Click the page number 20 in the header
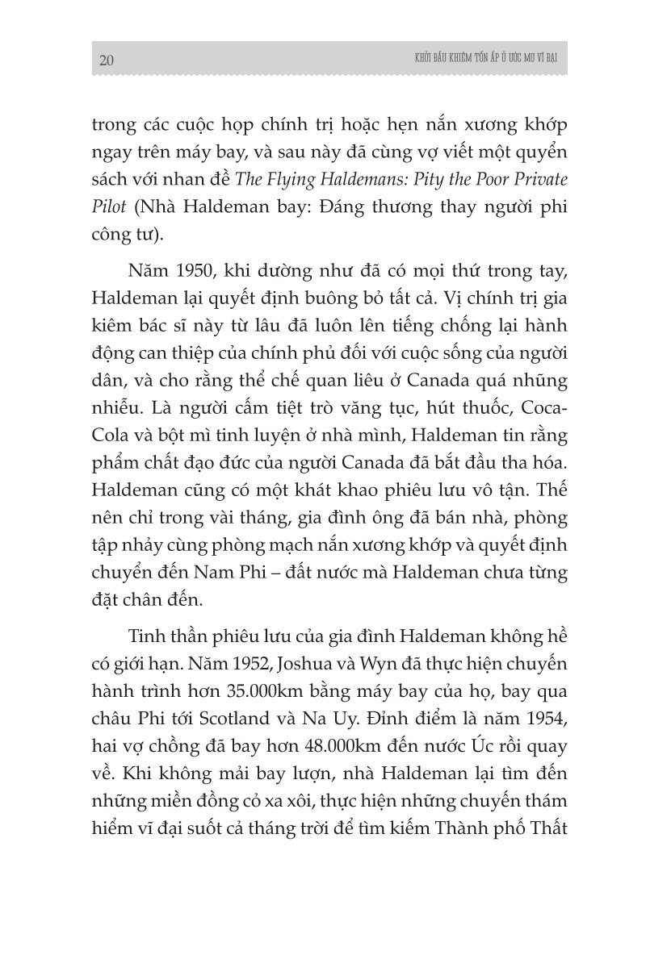click(x=107, y=61)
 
